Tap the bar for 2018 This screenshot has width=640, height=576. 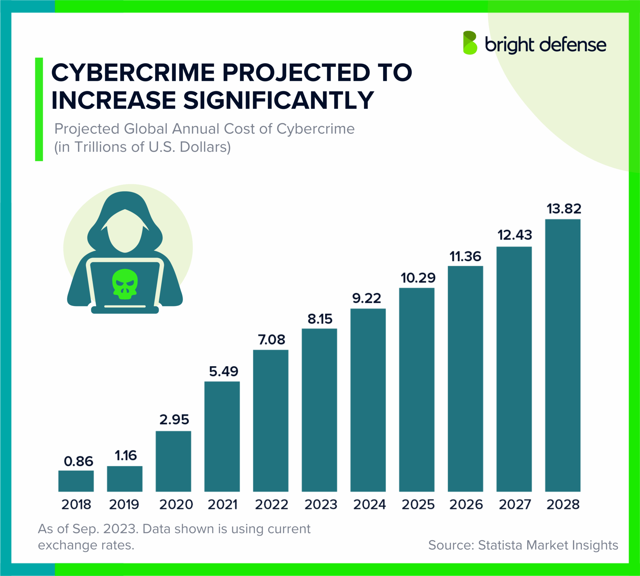tap(76, 481)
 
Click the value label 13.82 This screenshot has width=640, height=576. tap(564, 209)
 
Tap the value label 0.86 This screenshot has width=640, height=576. tap(78, 461)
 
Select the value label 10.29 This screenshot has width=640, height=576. tap(418, 278)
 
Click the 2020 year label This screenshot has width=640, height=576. tap(176, 504)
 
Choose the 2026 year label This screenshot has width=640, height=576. tap(466, 504)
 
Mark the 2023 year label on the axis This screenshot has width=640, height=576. tap(321, 504)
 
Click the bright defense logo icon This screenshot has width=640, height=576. tap(470, 43)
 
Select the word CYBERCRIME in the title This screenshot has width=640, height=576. tap(133, 73)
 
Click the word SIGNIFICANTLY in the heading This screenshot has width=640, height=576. tap(279, 100)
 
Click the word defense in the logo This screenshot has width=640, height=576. tap(573, 45)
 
